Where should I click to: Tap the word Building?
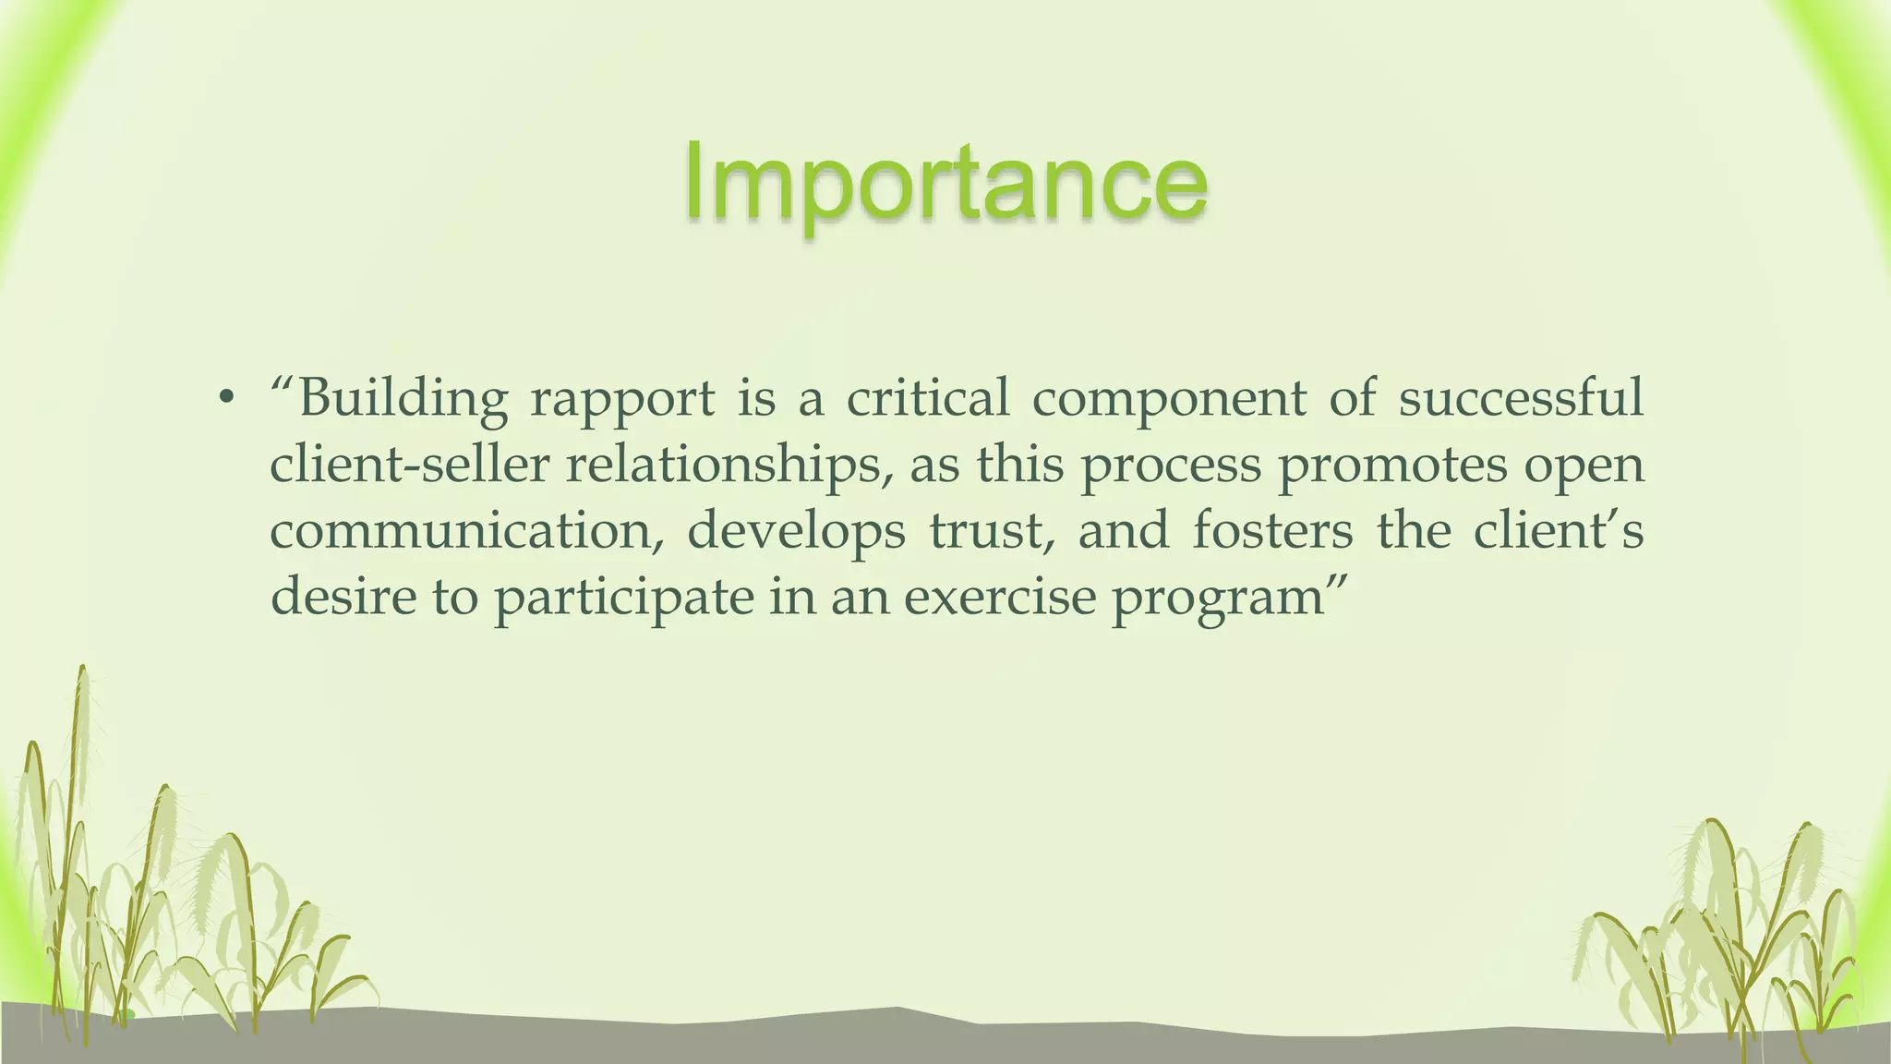coord(403,399)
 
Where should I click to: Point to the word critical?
coord(927,399)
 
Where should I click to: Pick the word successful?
coord(1520,399)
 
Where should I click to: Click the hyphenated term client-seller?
coord(409,465)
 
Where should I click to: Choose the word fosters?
coord(1271,531)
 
